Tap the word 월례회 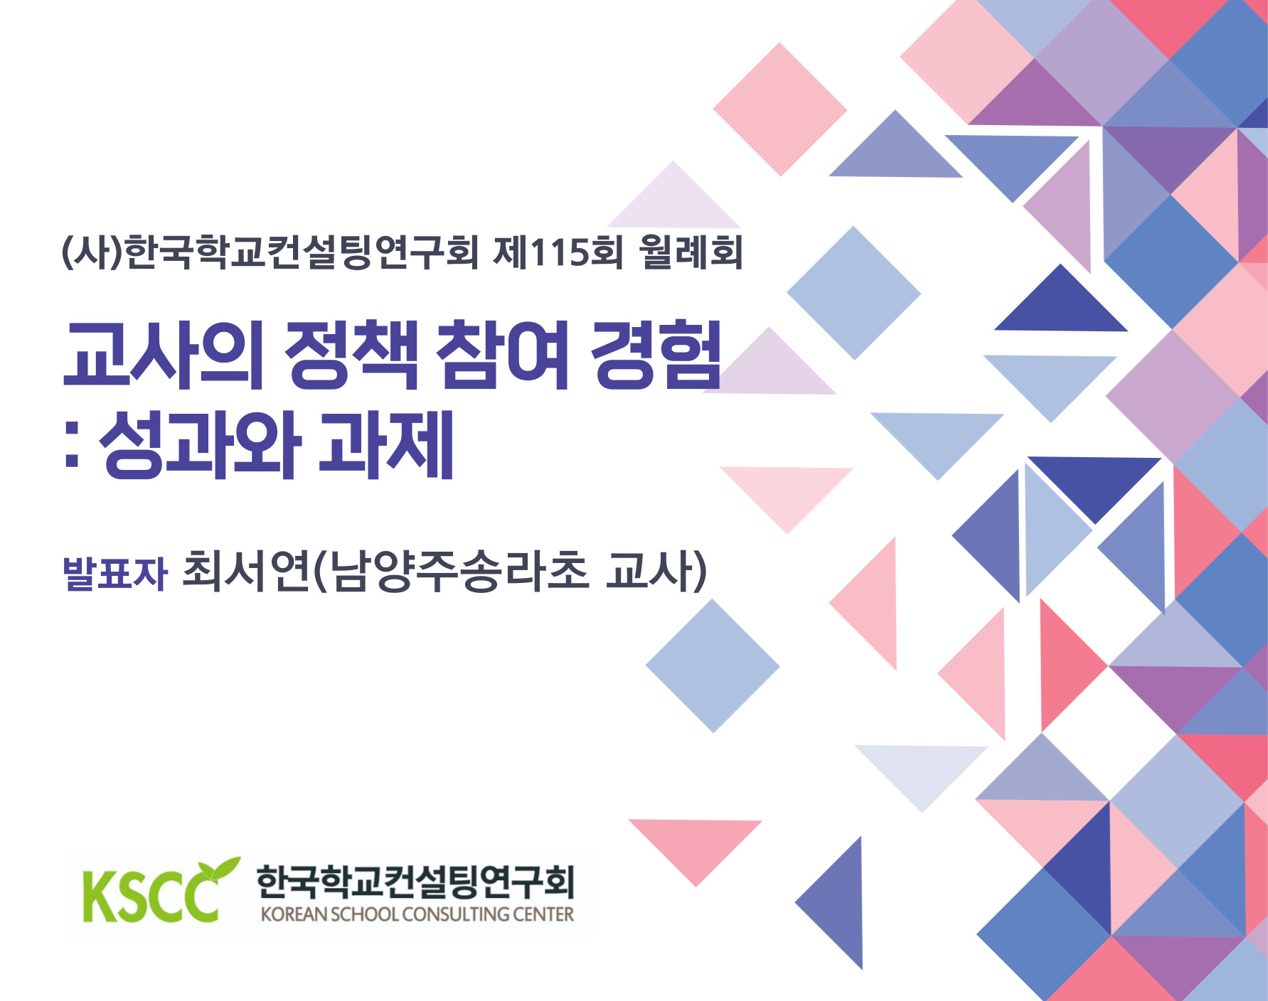(691, 252)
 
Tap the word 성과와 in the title (198, 445)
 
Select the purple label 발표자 (114, 573)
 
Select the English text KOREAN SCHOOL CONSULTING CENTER (417, 914)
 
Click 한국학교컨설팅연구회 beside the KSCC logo (415, 881)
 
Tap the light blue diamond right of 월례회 (853, 293)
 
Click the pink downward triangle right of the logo (696, 846)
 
